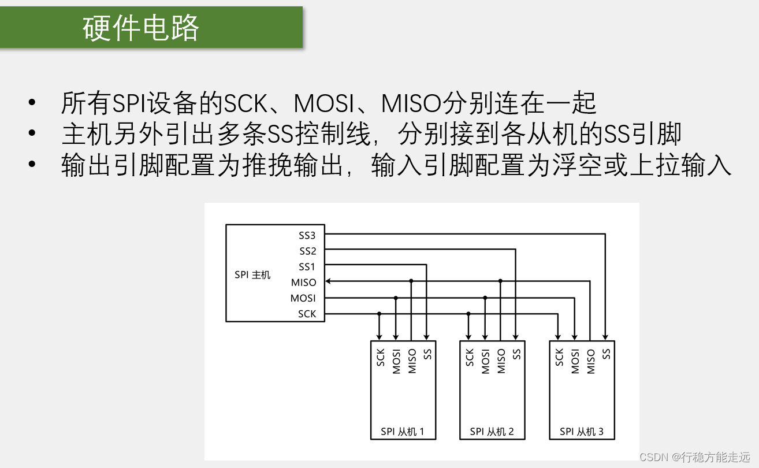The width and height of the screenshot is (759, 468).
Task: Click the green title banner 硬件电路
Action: click(x=151, y=27)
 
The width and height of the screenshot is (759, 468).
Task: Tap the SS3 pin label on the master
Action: click(x=307, y=235)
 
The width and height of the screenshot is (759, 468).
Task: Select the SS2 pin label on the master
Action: click(x=307, y=251)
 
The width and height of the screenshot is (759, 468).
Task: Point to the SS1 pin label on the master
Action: click(x=307, y=267)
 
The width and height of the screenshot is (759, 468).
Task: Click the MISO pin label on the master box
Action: click(x=304, y=283)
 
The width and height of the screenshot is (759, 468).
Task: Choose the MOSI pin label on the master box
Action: click(x=303, y=298)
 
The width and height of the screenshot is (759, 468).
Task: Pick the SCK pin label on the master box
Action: click(x=307, y=314)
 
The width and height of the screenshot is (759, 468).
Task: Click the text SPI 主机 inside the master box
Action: click(x=252, y=275)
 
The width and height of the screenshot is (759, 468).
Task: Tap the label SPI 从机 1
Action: click(x=403, y=432)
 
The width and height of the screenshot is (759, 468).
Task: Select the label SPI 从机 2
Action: click(x=492, y=432)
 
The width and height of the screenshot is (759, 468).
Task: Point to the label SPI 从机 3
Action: click(x=582, y=432)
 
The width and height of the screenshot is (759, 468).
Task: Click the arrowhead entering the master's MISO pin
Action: click(x=328, y=282)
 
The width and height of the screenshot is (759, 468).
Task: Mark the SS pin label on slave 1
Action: click(x=427, y=354)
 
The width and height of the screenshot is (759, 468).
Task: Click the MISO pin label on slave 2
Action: click(x=501, y=361)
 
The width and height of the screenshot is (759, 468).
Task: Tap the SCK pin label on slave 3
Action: click(x=559, y=357)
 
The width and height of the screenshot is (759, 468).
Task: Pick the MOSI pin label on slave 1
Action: click(x=396, y=361)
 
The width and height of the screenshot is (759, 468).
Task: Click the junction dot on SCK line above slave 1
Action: click(x=380, y=313)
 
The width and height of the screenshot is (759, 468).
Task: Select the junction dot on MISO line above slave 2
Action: click(x=501, y=281)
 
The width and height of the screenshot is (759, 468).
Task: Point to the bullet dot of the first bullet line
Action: click(x=32, y=103)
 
